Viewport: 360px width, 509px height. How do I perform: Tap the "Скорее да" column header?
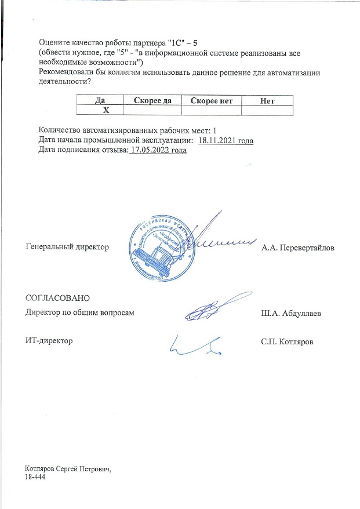152,100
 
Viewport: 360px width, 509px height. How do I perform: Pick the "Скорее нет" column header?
211,100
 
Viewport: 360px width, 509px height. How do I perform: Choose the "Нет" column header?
267,100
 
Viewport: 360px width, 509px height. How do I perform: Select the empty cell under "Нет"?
267,110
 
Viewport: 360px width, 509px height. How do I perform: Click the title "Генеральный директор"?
68,248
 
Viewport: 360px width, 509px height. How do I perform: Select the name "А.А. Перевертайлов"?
298,248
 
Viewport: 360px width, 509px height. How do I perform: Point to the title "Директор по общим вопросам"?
80,313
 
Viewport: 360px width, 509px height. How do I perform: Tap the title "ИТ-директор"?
49,341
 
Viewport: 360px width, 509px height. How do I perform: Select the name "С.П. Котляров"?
288,341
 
